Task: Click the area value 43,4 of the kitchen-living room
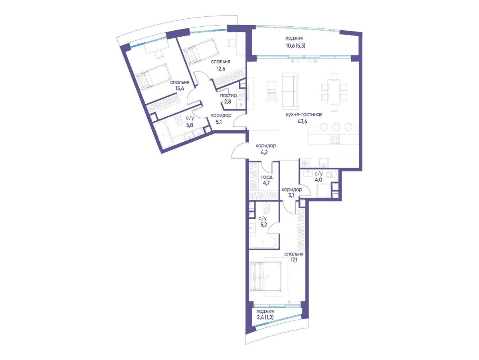coord(303,121)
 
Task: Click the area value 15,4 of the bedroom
coord(179,88)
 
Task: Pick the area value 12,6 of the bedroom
coord(221,69)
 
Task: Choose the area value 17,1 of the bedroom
coord(294,260)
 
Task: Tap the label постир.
coord(229,95)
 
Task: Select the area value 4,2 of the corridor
coord(264,152)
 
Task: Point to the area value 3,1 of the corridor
coord(291,196)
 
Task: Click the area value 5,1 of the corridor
coord(219,122)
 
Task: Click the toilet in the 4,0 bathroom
coord(331,174)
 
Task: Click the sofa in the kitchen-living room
coord(291,91)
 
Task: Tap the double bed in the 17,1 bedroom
coord(266,277)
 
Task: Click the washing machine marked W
coord(241,104)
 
